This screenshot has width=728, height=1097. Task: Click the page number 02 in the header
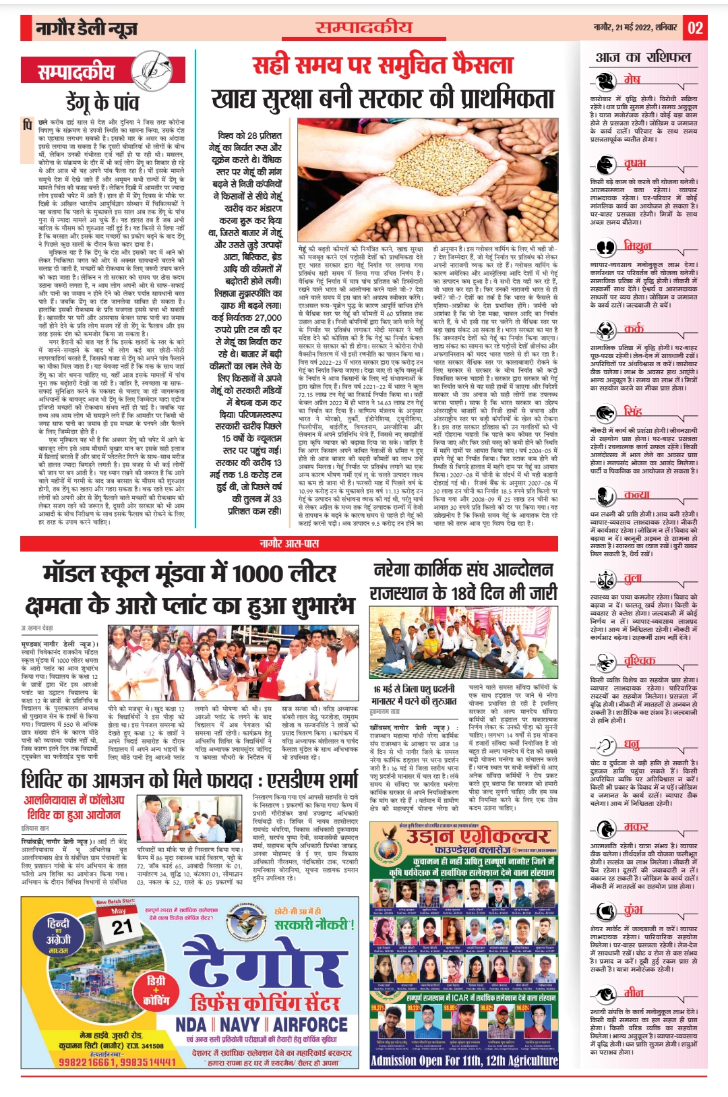coord(696,28)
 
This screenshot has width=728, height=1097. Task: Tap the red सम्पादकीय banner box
coord(76,70)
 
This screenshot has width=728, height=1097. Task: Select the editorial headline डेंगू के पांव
coord(102,102)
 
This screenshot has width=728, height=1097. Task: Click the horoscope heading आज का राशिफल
coord(643,57)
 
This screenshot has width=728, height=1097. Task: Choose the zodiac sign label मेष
coord(632,80)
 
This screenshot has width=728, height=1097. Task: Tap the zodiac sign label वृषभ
coord(634,164)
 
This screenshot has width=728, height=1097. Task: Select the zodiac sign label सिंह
coord(633,411)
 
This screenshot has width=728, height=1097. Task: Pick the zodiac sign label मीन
coord(633,992)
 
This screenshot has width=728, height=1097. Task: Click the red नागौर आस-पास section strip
coord(289,543)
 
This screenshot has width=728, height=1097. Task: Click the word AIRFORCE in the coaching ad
coord(310,1026)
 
